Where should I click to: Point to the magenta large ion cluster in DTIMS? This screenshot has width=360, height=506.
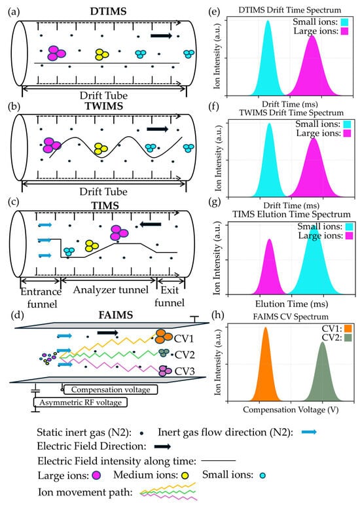(x=55, y=52)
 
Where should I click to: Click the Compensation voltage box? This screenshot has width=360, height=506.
(x=110, y=389)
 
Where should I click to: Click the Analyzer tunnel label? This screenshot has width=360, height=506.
(x=107, y=286)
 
